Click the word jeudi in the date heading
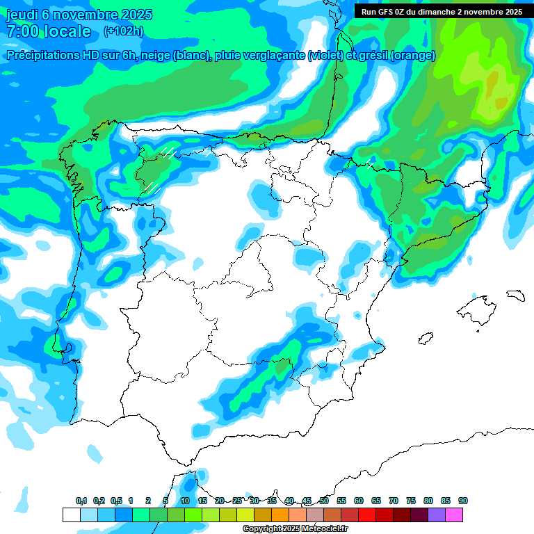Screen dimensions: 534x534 click(23, 15)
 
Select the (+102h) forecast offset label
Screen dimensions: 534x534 click(123, 31)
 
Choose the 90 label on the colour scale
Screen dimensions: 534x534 click(463, 501)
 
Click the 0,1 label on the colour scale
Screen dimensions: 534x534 click(81, 501)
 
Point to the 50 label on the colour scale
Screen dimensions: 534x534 click(324, 501)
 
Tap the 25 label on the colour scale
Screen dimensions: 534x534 click(237, 501)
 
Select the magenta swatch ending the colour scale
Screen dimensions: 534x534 click(454, 515)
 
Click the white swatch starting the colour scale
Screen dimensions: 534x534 click(71, 515)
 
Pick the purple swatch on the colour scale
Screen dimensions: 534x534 click(437, 515)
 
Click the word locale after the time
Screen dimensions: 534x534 click(67, 31)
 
